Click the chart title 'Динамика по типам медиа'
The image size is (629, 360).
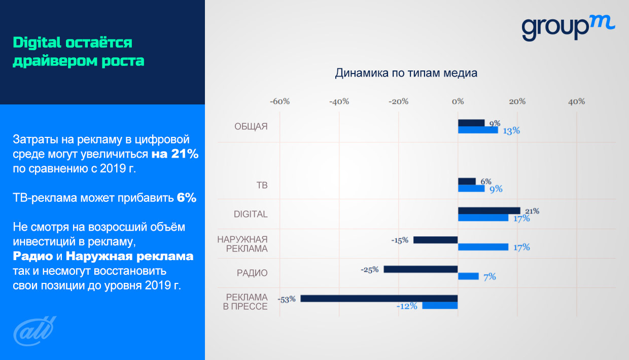pos(406,73)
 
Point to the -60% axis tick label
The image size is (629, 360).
pos(279,101)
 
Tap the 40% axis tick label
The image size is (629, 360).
pos(577,101)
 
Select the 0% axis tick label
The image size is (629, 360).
pos(458,101)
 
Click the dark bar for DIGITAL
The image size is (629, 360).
pos(489,210)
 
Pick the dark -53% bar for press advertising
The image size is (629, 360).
pos(379,299)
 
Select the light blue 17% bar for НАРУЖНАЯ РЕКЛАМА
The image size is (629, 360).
pos(483,247)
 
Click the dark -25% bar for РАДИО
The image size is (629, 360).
pos(421,269)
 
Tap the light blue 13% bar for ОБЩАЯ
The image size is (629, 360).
pos(478,130)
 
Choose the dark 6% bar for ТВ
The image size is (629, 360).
pos(467,181)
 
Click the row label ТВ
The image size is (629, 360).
pos(262,185)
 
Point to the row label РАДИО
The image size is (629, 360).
pos(252,273)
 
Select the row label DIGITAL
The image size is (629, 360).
pos(250,214)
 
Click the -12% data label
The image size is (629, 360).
pos(407,306)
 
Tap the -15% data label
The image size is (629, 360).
pos(400,240)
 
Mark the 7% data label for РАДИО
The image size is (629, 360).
pos(489,277)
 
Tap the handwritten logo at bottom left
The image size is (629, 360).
pos(33,330)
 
